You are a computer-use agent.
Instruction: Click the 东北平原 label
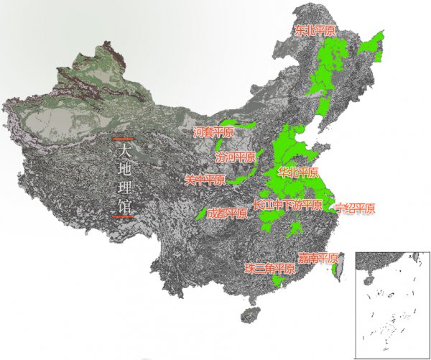(x=316, y=31)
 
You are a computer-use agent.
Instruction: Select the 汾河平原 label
(x=235, y=157)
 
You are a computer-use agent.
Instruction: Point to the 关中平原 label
(x=205, y=180)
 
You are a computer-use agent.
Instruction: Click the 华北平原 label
(x=297, y=173)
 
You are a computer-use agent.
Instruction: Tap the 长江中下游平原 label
(x=287, y=205)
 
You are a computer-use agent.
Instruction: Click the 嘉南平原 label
(x=319, y=258)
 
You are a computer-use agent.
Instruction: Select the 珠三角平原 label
(x=269, y=269)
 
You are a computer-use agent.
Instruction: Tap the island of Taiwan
(x=340, y=264)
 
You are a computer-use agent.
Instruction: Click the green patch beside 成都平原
(x=201, y=213)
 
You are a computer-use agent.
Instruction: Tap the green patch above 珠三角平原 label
(x=277, y=281)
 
